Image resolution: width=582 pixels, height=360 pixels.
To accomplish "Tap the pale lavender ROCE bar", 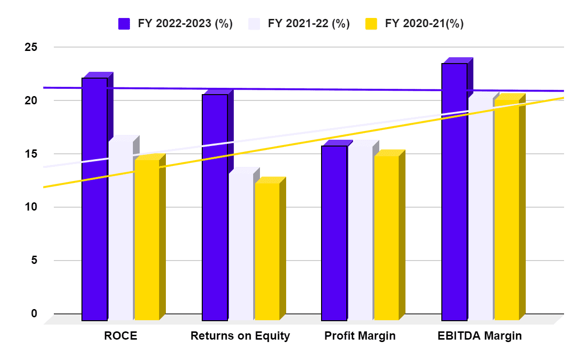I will tap(121, 233).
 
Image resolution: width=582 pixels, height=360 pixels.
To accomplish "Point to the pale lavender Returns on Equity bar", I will tap(241, 247).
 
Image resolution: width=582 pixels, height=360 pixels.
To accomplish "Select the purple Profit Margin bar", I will tap(334, 233).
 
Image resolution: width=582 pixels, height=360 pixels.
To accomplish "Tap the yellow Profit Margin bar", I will tap(386, 238).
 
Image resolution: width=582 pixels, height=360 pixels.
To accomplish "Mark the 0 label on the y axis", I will tap(34, 313).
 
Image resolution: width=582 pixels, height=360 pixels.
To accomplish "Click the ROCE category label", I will tap(121, 336).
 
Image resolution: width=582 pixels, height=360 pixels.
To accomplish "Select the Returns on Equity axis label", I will tap(240, 336).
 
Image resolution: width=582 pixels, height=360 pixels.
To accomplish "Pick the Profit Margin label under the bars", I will tap(360, 336).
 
